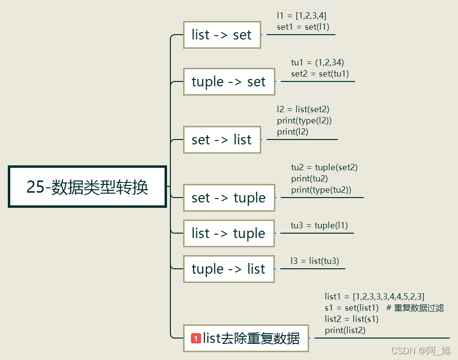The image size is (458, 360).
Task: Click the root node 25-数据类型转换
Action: (x=87, y=187)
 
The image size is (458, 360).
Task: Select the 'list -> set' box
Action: (x=222, y=35)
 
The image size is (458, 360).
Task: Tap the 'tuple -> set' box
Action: (x=229, y=81)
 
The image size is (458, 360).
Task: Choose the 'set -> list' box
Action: (x=222, y=140)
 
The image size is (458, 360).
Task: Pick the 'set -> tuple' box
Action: (x=229, y=198)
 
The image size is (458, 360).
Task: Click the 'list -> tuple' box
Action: (x=229, y=233)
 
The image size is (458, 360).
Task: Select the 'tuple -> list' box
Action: (x=229, y=269)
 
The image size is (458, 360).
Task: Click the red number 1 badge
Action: (x=196, y=338)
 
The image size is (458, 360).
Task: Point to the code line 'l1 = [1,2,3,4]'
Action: (x=302, y=16)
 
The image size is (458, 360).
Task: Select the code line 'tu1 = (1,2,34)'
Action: (x=318, y=62)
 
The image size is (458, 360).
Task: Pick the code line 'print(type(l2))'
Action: (x=304, y=120)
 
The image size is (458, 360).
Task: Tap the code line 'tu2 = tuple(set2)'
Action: (x=324, y=167)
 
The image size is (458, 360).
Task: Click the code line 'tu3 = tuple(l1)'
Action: (x=319, y=225)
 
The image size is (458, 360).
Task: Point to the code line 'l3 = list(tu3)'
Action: (x=314, y=261)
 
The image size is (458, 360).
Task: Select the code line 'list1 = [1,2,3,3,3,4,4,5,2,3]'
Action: (x=375, y=297)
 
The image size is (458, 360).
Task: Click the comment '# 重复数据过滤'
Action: (x=415, y=308)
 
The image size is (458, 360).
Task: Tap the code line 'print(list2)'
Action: (x=345, y=330)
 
